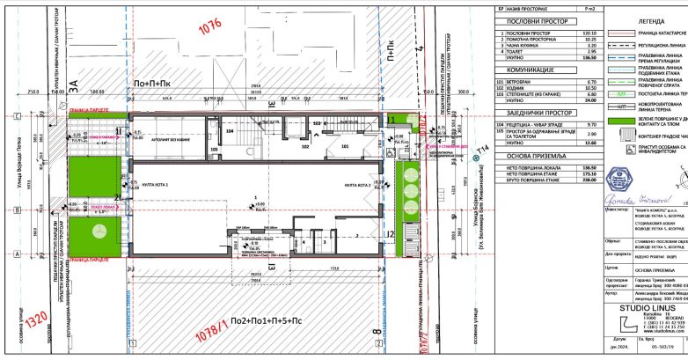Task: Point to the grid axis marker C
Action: pyautogui.click(x=18, y=116)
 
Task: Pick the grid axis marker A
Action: pyautogui.click(x=18, y=253)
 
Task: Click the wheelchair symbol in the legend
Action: pyautogui.click(x=599, y=173)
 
